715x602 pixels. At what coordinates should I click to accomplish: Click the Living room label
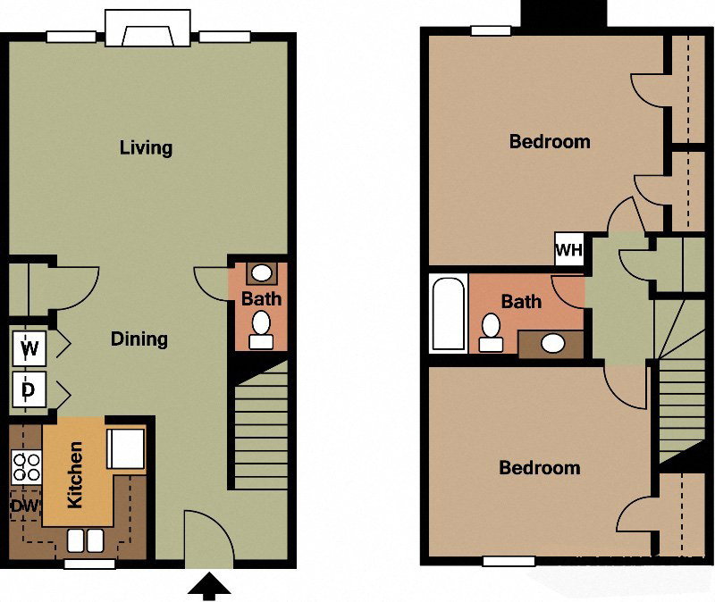pyautogui.click(x=146, y=147)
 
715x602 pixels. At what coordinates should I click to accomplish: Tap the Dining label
pyautogui.click(x=139, y=339)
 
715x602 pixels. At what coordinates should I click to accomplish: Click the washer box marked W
pyautogui.click(x=29, y=348)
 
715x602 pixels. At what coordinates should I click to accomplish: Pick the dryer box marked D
pyautogui.click(x=29, y=389)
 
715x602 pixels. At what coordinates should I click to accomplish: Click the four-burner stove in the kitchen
pyautogui.click(x=25, y=466)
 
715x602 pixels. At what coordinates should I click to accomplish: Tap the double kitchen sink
pyautogui.click(x=86, y=541)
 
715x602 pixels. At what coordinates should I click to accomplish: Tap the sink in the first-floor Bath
pyautogui.click(x=261, y=272)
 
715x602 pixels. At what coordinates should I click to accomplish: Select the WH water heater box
pyautogui.click(x=568, y=249)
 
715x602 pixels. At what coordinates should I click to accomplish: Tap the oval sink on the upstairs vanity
pyautogui.click(x=553, y=341)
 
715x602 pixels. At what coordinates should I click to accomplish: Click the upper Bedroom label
pyautogui.click(x=549, y=141)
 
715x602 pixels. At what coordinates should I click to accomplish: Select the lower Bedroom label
pyautogui.click(x=539, y=467)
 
